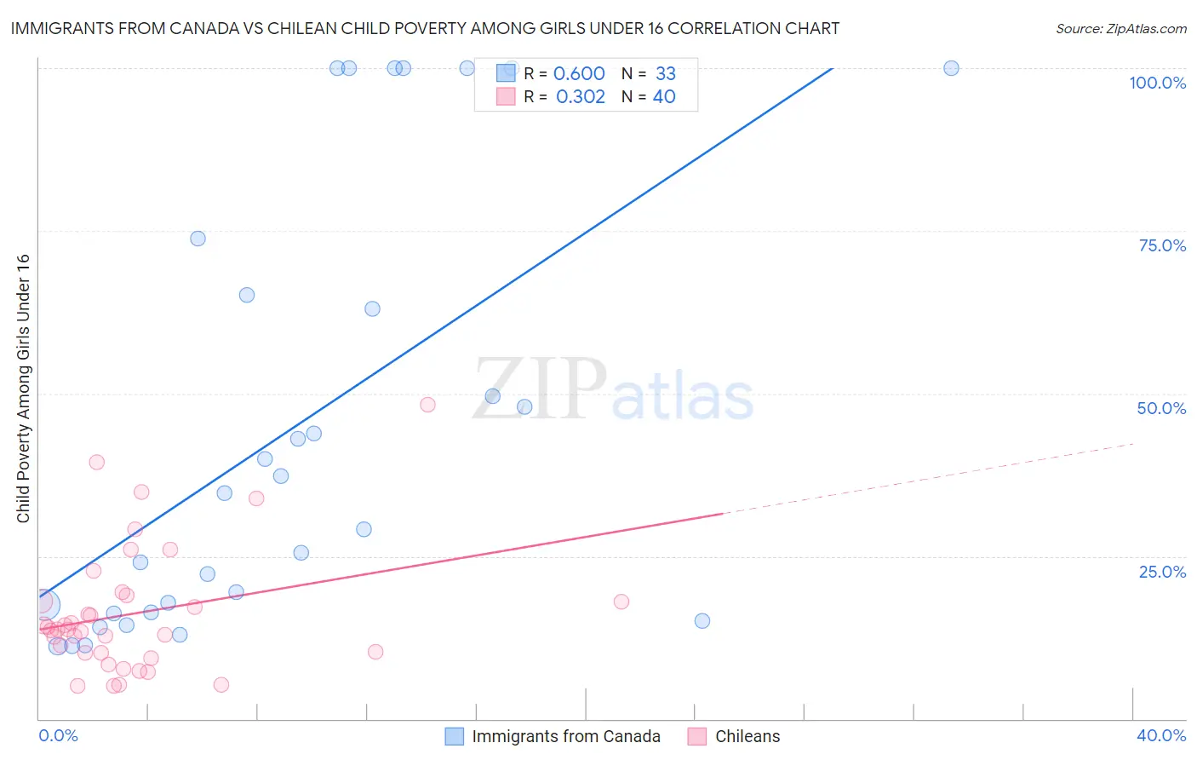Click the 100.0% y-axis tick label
coord(1157,83)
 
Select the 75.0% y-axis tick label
coord(1162,245)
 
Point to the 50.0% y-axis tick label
coord(1161,408)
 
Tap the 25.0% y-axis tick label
coord(1162,571)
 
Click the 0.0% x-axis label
coord(58,735)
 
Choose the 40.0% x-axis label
coord(1161,735)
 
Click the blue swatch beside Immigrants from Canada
coord(455,736)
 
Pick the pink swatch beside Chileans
coord(697,736)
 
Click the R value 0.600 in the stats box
coord(579,74)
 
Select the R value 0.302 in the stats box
coord(580,97)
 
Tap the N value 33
coord(665,74)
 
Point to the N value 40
coord(664,97)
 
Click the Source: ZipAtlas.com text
coord(1120,29)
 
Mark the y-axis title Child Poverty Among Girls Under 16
coord(23,389)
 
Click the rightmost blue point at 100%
coord(951,68)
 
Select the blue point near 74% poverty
coord(198,239)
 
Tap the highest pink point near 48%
coord(427,405)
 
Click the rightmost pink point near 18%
coord(621,602)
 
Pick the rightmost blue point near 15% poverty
coord(702,620)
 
